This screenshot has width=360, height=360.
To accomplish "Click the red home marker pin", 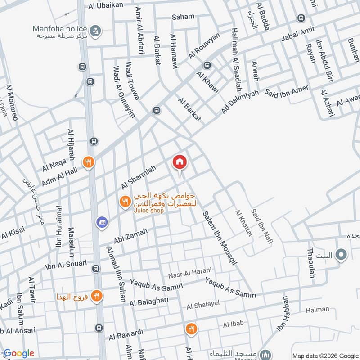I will [x=180, y=162].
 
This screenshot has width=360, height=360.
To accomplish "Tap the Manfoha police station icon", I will [x=95, y=31].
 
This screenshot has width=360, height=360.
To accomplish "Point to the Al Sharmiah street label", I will [x=138, y=177].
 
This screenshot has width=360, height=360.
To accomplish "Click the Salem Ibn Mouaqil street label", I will [x=220, y=238].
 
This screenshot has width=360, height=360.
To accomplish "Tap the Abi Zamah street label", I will [x=130, y=236].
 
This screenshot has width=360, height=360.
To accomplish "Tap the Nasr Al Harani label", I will [x=189, y=273].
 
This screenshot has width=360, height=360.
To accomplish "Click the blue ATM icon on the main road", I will [x=101, y=222].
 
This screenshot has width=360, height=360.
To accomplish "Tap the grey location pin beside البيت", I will [x=342, y=256].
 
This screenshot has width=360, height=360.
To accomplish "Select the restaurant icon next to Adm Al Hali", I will [x=88, y=162].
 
